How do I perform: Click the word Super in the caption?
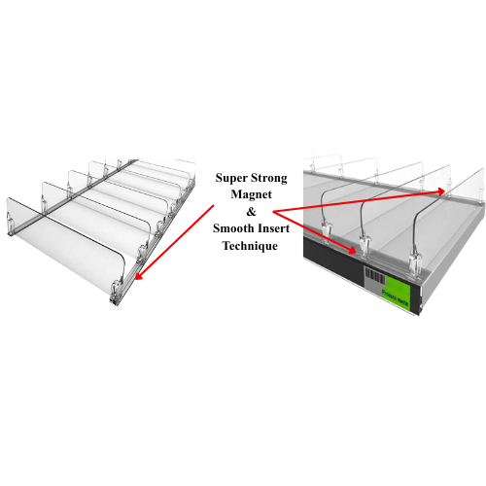(x=230, y=179)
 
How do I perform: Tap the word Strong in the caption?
(x=269, y=179)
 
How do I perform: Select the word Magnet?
(x=251, y=194)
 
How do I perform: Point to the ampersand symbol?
(x=251, y=212)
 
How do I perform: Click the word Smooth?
(x=233, y=228)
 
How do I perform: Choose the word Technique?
(x=250, y=246)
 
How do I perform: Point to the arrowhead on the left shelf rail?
(x=138, y=275)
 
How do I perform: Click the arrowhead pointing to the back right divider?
(x=440, y=191)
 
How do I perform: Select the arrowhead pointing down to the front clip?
(x=352, y=249)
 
